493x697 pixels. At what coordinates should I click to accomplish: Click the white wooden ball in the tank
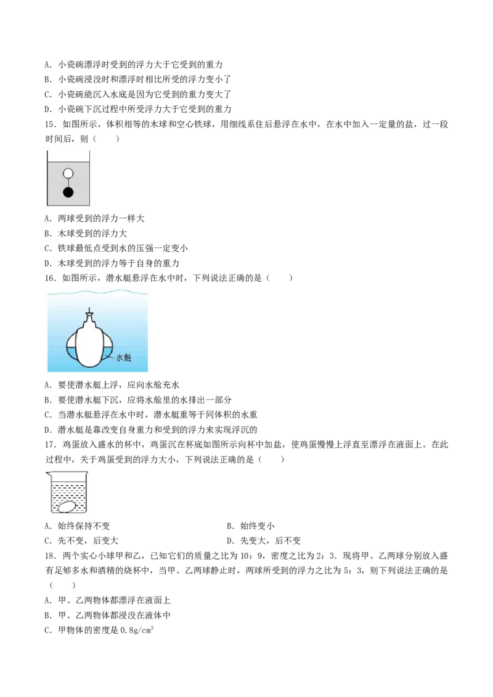click(x=68, y=174)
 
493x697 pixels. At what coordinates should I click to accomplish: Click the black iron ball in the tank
click(x=68, y=193)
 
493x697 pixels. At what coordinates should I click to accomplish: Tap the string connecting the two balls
click(x=68, y=183)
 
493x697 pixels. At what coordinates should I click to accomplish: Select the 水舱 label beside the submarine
click(x=123, y=357)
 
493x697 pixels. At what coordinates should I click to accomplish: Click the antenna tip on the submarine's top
click(x=91, y=308)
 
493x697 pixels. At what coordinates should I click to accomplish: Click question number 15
click(x=51, y=124)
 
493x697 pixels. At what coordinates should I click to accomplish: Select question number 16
click(x=51, y=278)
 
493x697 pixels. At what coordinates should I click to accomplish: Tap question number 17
click(x=51, y=445)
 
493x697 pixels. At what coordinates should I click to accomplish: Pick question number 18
click(x=51, y=555)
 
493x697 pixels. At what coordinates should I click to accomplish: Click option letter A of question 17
click(x=48, y=526)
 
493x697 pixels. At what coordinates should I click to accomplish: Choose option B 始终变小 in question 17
click(x=250, y=526)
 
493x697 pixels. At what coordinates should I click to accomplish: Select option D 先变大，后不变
click(x=264, y=541)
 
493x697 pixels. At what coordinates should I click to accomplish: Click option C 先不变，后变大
click(x=81, y=541)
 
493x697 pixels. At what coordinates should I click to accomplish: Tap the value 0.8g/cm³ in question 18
click(x=137, y=630)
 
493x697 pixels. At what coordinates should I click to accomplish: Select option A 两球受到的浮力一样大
click(x=95, y=219)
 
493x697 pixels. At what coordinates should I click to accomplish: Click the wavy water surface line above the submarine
click(x=97, y=292)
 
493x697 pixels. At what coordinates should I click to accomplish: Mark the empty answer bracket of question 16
click(x=279, y=278)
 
